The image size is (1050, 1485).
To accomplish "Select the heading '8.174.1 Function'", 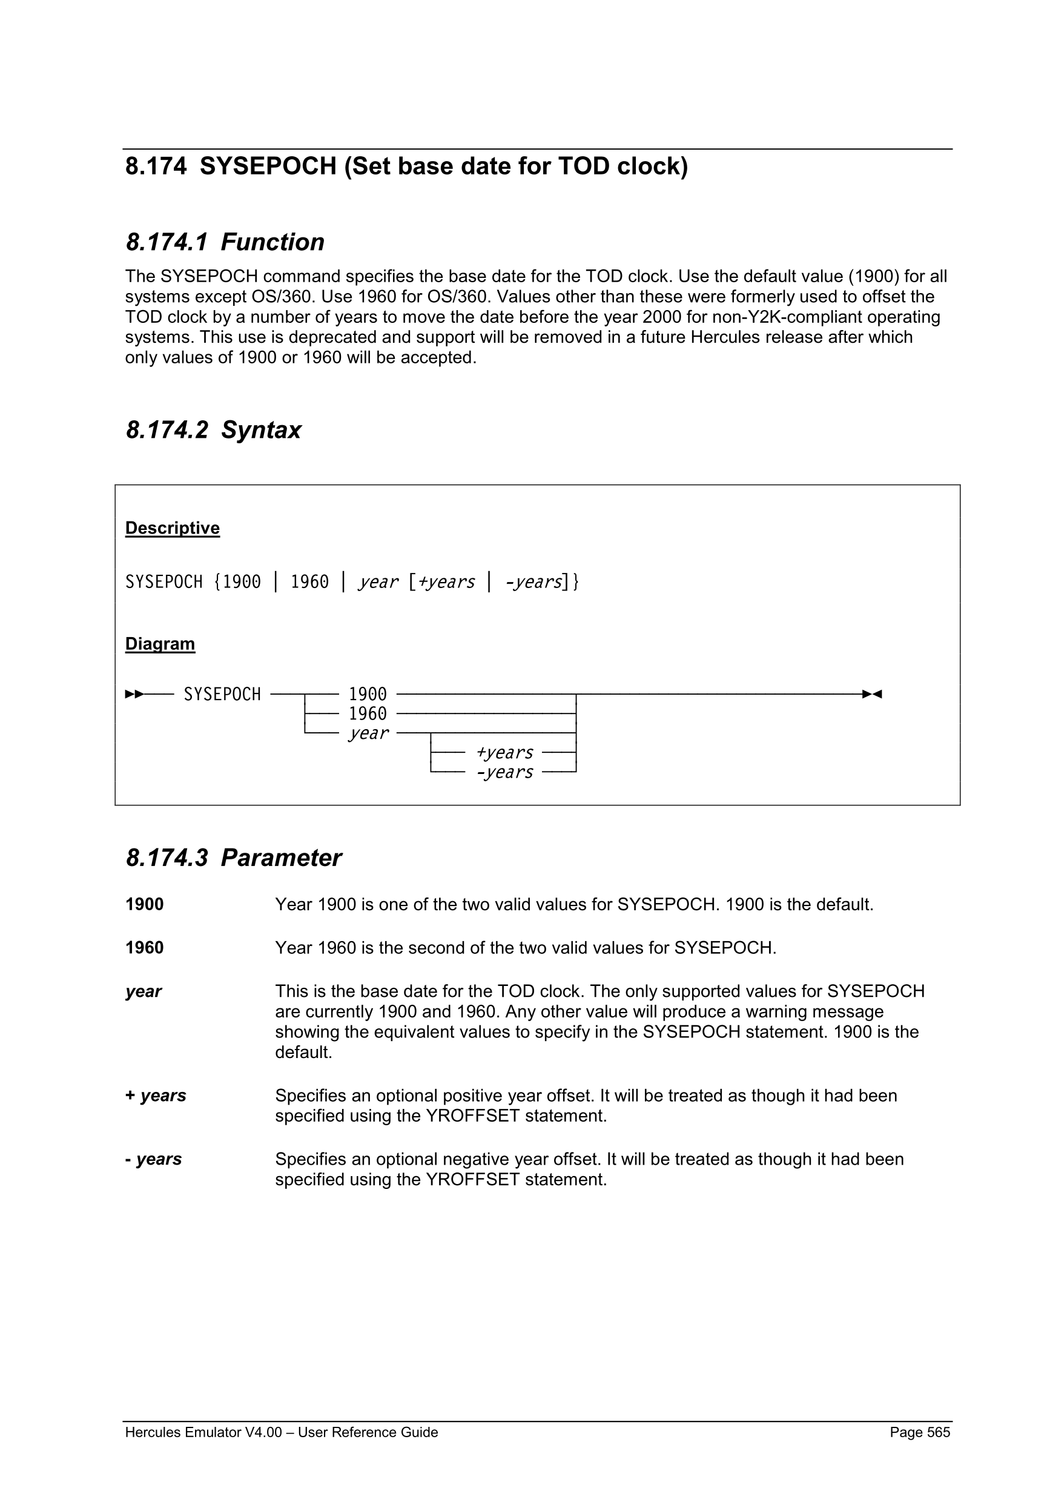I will point(225,242).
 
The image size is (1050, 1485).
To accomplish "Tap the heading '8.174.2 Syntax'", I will point(213,430).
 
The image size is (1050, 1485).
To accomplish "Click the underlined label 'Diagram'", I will point(160,644).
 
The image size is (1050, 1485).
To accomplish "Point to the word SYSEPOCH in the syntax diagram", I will point(222,694).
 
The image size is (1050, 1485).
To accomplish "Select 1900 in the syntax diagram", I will point(367,694).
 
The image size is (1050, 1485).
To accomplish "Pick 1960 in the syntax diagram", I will point(367,713).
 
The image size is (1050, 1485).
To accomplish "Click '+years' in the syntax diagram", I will point(504,752).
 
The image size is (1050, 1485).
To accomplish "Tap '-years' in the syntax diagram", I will point(504,772).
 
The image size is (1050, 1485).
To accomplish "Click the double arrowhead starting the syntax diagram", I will point(134,694).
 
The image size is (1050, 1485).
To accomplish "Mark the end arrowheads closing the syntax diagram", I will point(872,694).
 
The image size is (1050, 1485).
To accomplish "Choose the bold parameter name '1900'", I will point(144,904).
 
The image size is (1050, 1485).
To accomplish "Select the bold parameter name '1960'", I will point(144,948).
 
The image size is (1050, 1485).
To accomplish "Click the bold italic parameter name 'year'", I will point(143,991).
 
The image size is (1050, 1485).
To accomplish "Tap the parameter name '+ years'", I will point(155,1096).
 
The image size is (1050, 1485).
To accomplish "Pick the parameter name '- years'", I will point(153,1159).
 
